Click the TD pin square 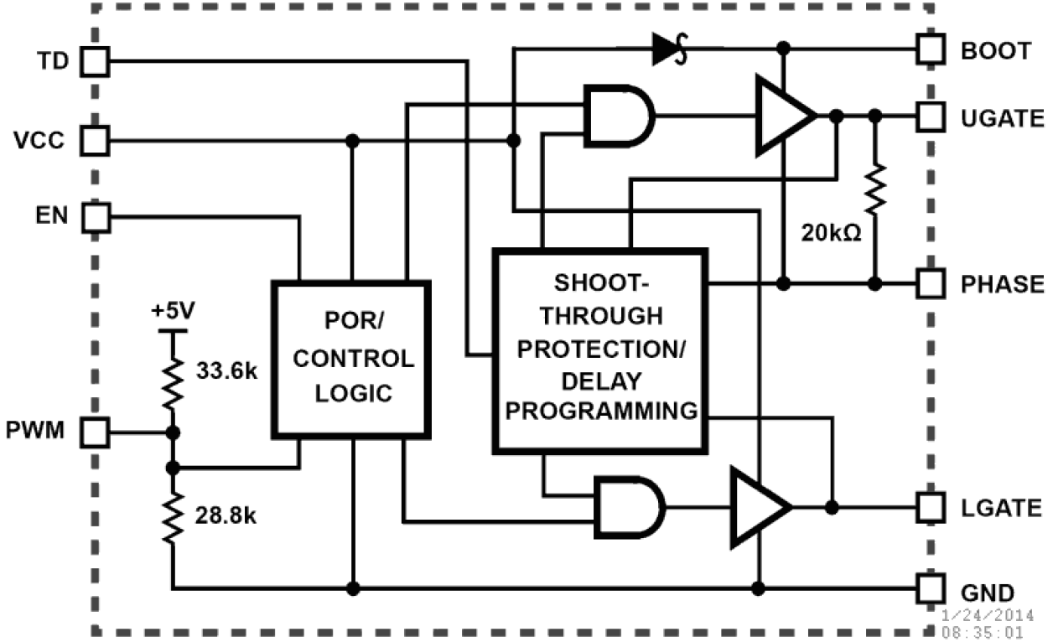click(x=95, y=60)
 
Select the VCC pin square click(x=95, y=140)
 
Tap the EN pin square click(x=95, y=219)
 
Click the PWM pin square click(x=95, y=433)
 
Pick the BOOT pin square click(x=930, y=49)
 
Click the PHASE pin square click(x=930, y=283)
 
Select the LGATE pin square click(x=930, y=507)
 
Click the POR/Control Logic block click(x=351, y=359)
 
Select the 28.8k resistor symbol click(x=174, y=518)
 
